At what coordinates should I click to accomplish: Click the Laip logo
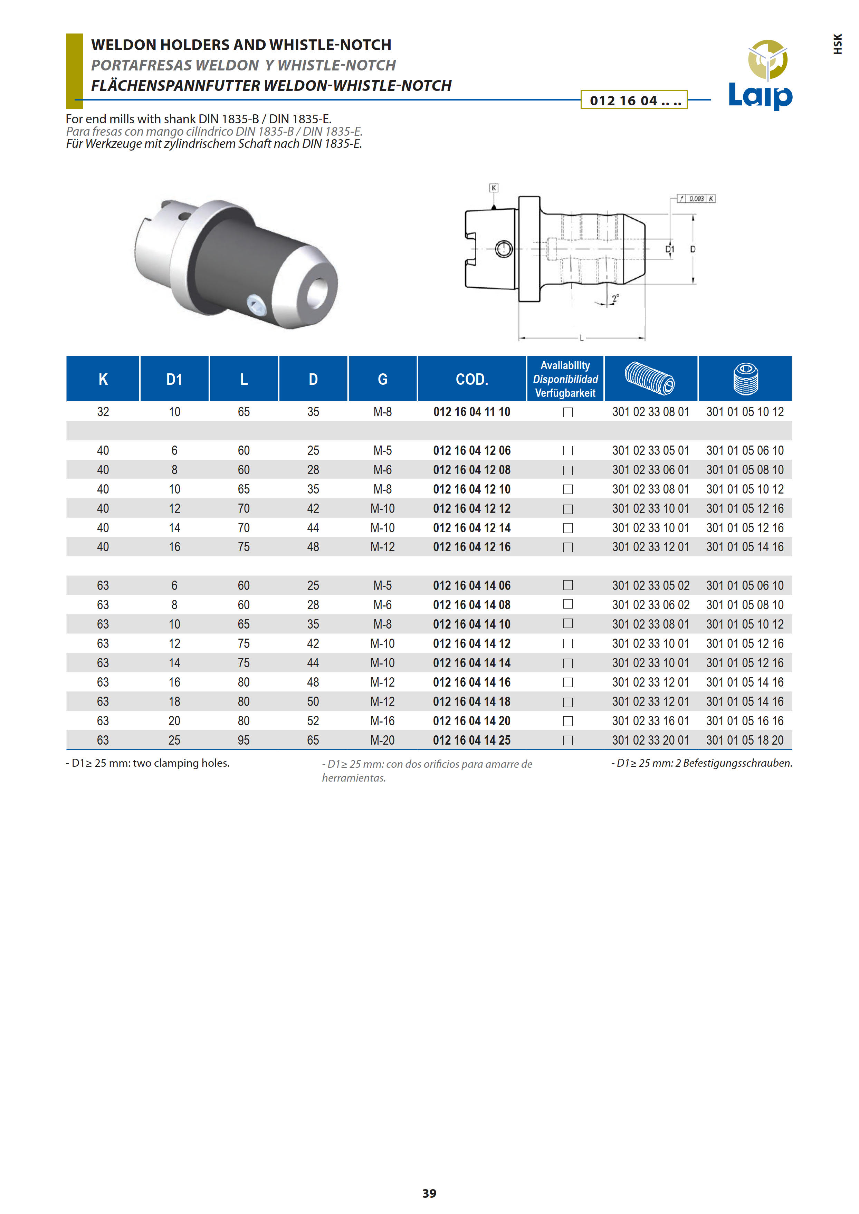(x=760, y=75)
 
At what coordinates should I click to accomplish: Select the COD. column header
(x=472, y=379)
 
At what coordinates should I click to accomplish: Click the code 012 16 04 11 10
(x=472, y=412)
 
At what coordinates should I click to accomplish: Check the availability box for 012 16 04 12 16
(x=568, y=547)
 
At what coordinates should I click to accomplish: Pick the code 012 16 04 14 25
(x=472, y=740)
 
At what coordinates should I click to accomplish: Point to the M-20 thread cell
(x=382, y=740)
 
